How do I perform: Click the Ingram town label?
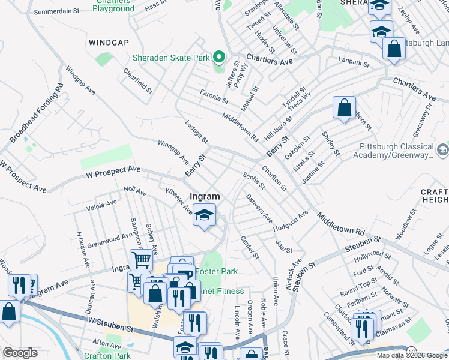(205, 196)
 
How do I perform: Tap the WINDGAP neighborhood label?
(109, 43)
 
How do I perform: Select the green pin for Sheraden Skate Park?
(219, 58)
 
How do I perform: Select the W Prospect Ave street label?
(113, 170)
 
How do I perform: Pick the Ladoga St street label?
(196, 131)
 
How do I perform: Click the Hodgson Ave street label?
(290, 221)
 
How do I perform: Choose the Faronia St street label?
(214, 95)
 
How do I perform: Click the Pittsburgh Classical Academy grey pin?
(442, 148)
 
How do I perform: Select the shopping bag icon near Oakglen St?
(344, 108)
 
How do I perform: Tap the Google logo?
(20, 353)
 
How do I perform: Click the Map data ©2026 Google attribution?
(411, 355)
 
